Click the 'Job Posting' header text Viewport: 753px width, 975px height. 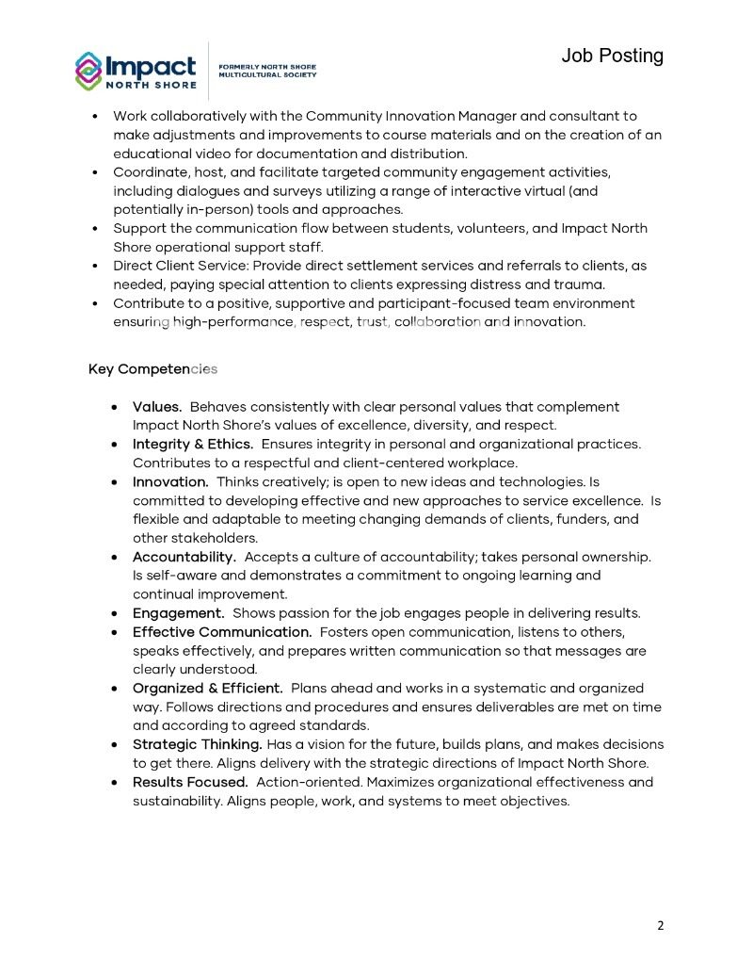click(x=612, y=56)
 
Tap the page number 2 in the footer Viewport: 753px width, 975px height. click(x=660, y=925)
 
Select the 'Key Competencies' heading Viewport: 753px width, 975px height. click(x=152, y=368)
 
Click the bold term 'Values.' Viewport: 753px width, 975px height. click(x=157, y=407)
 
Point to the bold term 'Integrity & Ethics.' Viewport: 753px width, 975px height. click(x=193, y=444)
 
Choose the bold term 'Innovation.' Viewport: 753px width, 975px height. click(x=170, y=481)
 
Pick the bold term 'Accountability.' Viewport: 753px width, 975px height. click(x=184, y=557)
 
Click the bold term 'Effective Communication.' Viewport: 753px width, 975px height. click(x=222, y=631)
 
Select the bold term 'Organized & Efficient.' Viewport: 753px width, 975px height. click(x=207, y=688)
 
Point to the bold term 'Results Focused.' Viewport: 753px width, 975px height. click(x=190, y=782)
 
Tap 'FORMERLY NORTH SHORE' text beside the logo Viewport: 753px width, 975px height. click(x=267, y=67)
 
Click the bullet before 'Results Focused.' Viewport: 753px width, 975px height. click(x=114, y=783)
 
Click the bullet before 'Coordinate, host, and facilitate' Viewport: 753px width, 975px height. click(x=95, y=173)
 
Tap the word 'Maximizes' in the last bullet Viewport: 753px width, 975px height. click(x=400, y=782)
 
